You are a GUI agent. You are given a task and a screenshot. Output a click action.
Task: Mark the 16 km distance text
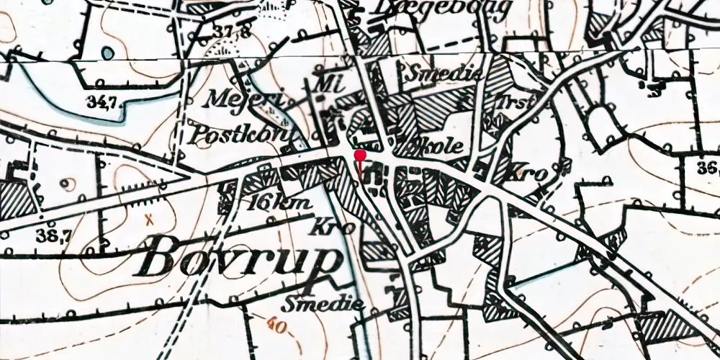[x=278, y=202]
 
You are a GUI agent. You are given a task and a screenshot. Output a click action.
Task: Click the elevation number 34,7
[x=102, y=102]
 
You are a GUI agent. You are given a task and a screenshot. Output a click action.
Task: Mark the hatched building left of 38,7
[x=16, y=199]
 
